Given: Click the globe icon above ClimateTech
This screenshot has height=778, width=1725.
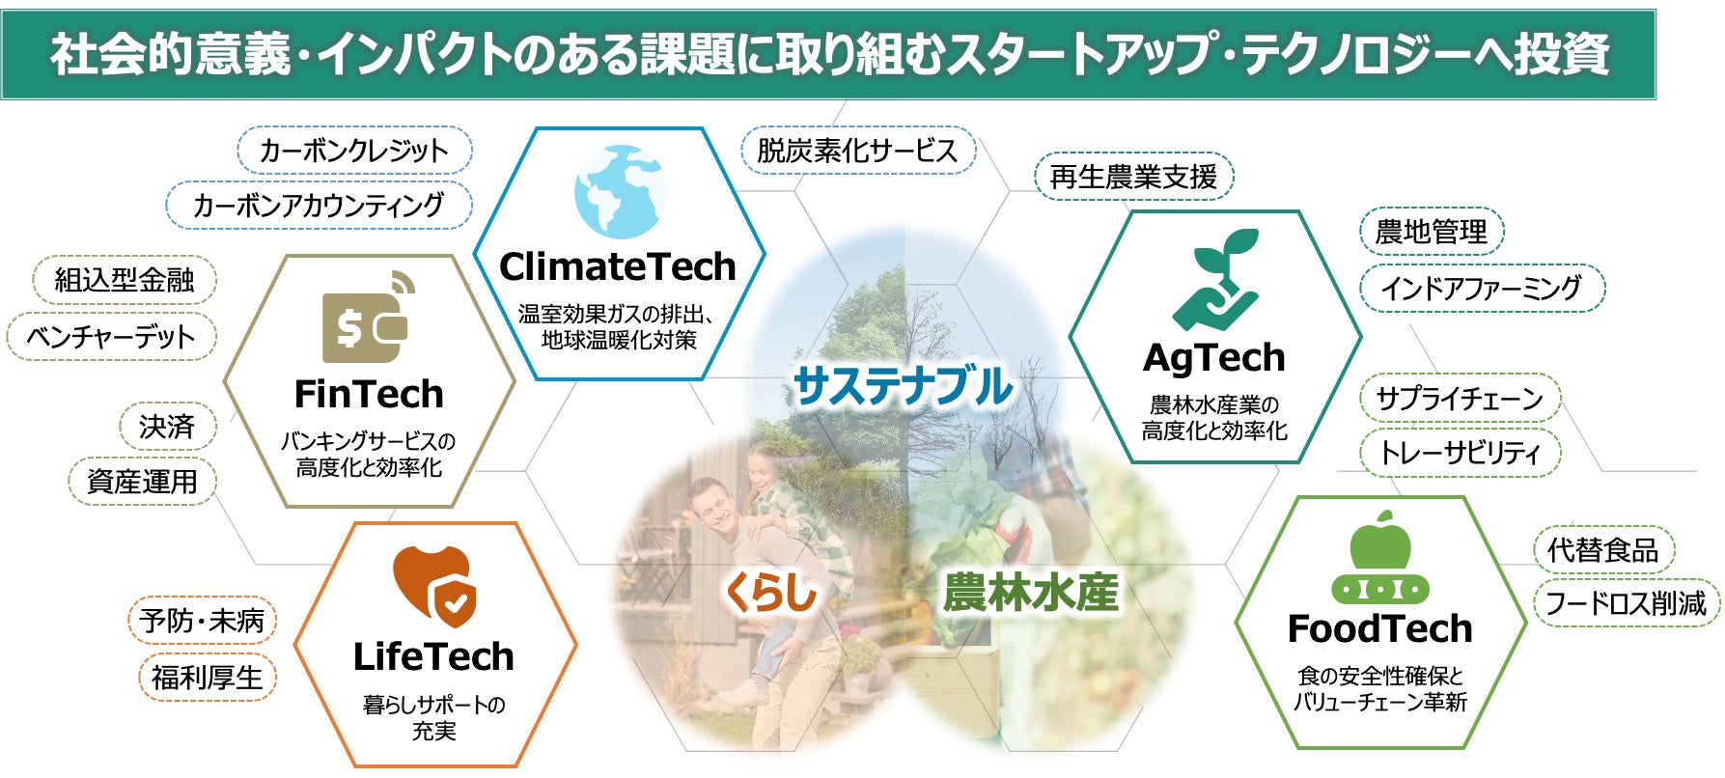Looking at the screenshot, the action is [620, 192].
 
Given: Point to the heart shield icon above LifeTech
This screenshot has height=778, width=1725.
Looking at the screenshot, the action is [433, 585].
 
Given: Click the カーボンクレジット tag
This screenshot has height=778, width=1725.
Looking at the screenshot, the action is [354, 151].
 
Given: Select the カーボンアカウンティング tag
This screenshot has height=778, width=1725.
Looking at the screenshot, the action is [319, 205].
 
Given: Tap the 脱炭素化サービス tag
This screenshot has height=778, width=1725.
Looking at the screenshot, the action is [858, 151].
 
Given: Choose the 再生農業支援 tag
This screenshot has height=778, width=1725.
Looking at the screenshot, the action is [1134, 177].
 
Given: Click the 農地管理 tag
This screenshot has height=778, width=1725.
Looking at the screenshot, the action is [1432, 232].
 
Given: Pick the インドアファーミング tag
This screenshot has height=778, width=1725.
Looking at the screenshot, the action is [1482, 288].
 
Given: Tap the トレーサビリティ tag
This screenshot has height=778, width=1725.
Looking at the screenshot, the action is [1460, 453].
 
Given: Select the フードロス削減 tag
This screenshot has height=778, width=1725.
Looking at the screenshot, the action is [1627, 603].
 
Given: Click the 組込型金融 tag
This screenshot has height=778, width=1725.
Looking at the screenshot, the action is [125, 280].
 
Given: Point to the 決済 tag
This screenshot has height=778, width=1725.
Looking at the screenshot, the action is [166, 427].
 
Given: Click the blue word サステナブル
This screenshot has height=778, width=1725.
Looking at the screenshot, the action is [903, 386].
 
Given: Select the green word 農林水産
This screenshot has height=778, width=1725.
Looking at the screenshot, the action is [1031, 591].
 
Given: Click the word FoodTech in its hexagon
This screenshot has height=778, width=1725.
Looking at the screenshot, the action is [1379, 628].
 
